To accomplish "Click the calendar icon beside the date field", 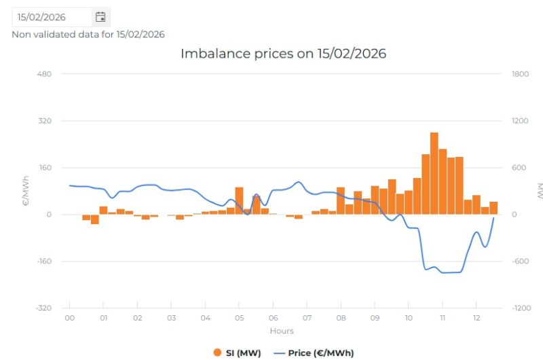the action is tap(100, 17).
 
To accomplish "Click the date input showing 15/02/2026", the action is tap(52, 17).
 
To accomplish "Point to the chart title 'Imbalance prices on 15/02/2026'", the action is tap(283, 54).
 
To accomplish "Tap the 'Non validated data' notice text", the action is tap(88, 35).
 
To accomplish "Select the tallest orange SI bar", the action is tap(434, 173).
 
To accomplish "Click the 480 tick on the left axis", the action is tap(44, 74).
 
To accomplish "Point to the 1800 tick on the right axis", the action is tap(520, 74).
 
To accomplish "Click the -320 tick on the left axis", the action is tap(43, 308).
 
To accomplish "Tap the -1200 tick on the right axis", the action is tap(521, 308).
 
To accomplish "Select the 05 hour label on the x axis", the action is tap(240, 318).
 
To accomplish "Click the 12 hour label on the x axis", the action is tap(476, 318).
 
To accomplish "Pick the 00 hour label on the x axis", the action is tap(70, 318).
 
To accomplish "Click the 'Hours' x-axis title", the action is tap(282, 331).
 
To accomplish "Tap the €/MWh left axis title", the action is tap(26, 191).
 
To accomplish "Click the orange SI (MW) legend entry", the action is tap(237, 353).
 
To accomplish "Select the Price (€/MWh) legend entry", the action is tap(314, 353).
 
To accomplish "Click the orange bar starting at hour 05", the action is tap(239, 201).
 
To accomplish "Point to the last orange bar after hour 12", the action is tap(493, 208).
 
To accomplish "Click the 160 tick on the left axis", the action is tap(45, 167).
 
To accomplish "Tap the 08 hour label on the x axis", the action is tap(341, 318).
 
